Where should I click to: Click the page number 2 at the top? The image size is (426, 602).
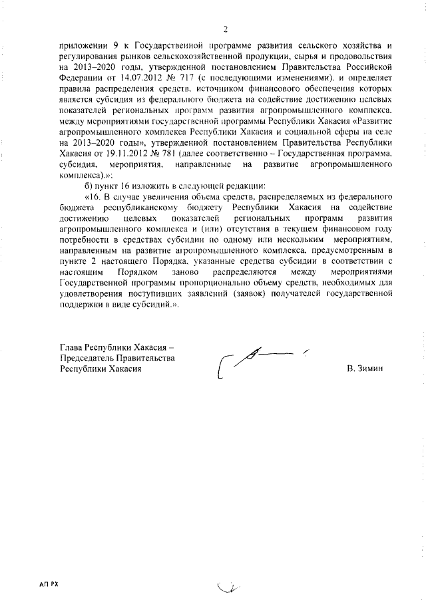click(226, 29)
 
